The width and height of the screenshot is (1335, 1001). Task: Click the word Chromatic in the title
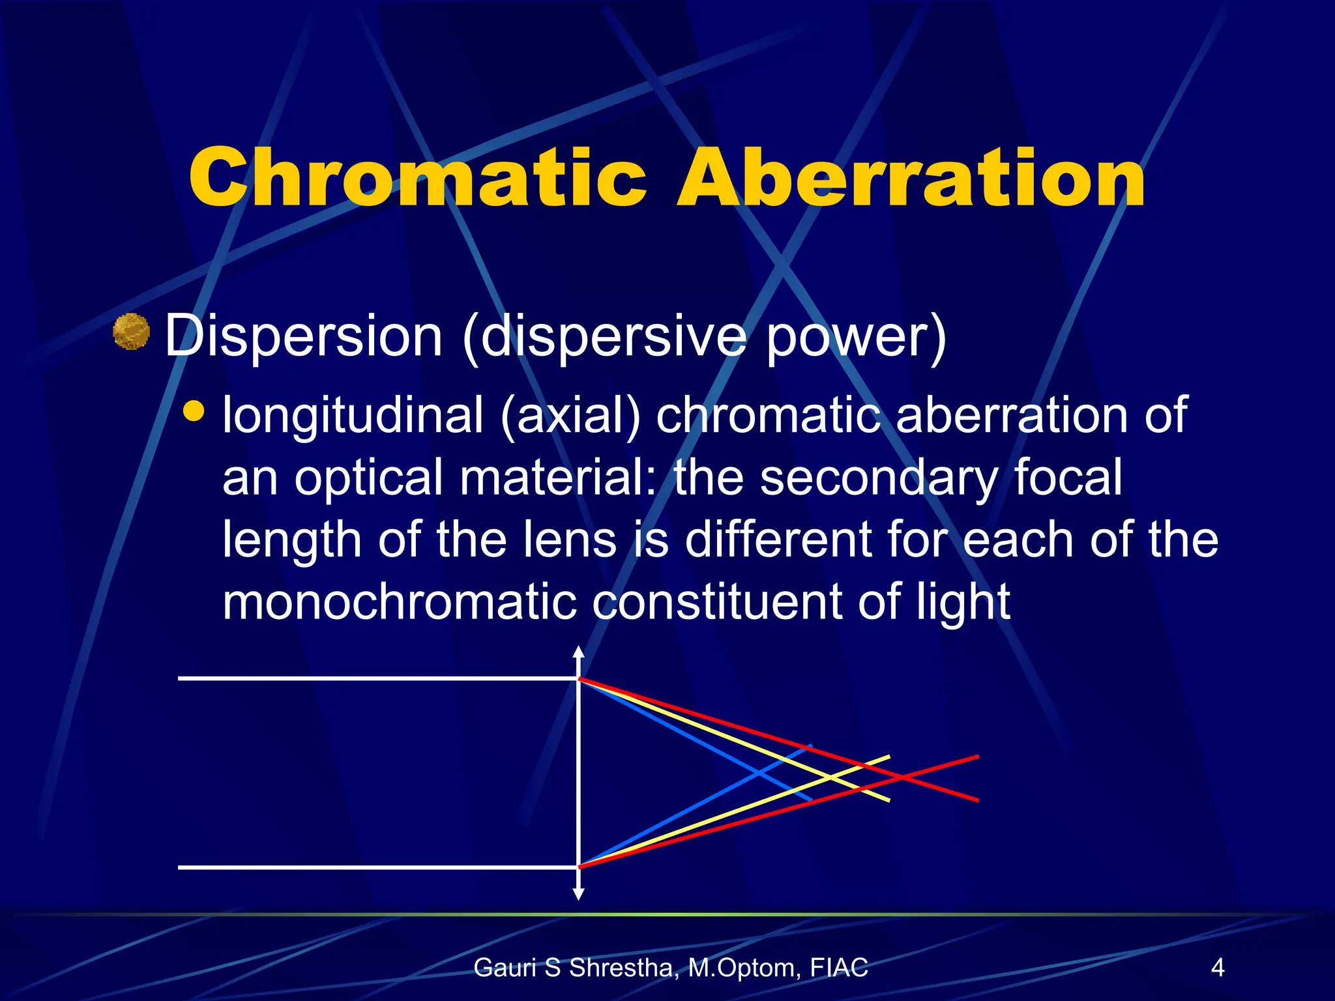tap(417, 177)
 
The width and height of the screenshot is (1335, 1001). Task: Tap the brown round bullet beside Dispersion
tap(131, 332)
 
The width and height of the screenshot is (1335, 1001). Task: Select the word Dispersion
tap(304, 336)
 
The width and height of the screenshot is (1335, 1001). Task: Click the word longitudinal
tap(353, 417)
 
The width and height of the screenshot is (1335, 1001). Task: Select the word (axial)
tap(570, 417)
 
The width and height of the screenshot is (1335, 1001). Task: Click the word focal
tap(1068, 477)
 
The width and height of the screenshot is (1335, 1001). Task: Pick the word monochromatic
tap(399, 603)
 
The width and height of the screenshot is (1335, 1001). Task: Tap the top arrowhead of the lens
tap(578, 651)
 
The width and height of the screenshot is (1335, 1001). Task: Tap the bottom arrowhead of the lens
tap(578, 894)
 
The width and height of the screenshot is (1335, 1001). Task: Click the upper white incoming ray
tap(378, 678)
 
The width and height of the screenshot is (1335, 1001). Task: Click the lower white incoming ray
tap(378, 867)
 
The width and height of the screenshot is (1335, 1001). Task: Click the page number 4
tap(1217, 967)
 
